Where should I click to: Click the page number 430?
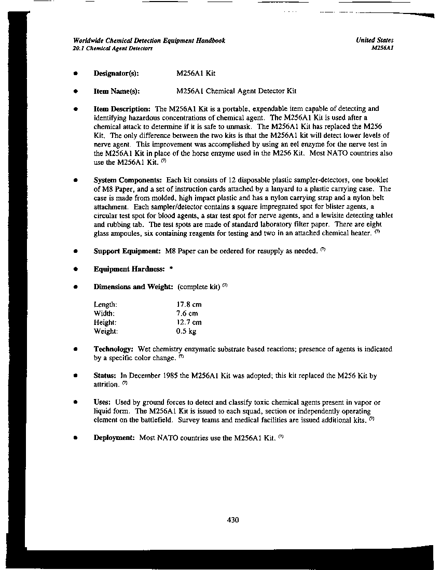click(233, 520)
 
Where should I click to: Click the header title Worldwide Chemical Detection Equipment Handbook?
click(149, 40)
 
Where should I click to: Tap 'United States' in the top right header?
click(375, 40)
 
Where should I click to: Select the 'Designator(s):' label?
click(116, 74)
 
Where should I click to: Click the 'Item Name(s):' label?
click(117, 91)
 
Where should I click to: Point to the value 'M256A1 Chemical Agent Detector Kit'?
click(236, 91)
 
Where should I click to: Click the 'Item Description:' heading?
click(122, 109)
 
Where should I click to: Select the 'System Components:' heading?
click(128, 180)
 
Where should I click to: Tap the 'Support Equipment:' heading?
click(127, 251)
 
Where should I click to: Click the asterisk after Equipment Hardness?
click(171, 269)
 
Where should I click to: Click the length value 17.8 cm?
click(189, 305)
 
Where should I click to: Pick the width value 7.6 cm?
click(187, 313)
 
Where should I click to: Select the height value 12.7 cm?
click(189, 322)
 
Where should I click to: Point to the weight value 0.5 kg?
click(186, 331)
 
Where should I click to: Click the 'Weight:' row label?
click(106, 331)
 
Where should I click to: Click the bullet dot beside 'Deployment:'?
click(76, 438)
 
